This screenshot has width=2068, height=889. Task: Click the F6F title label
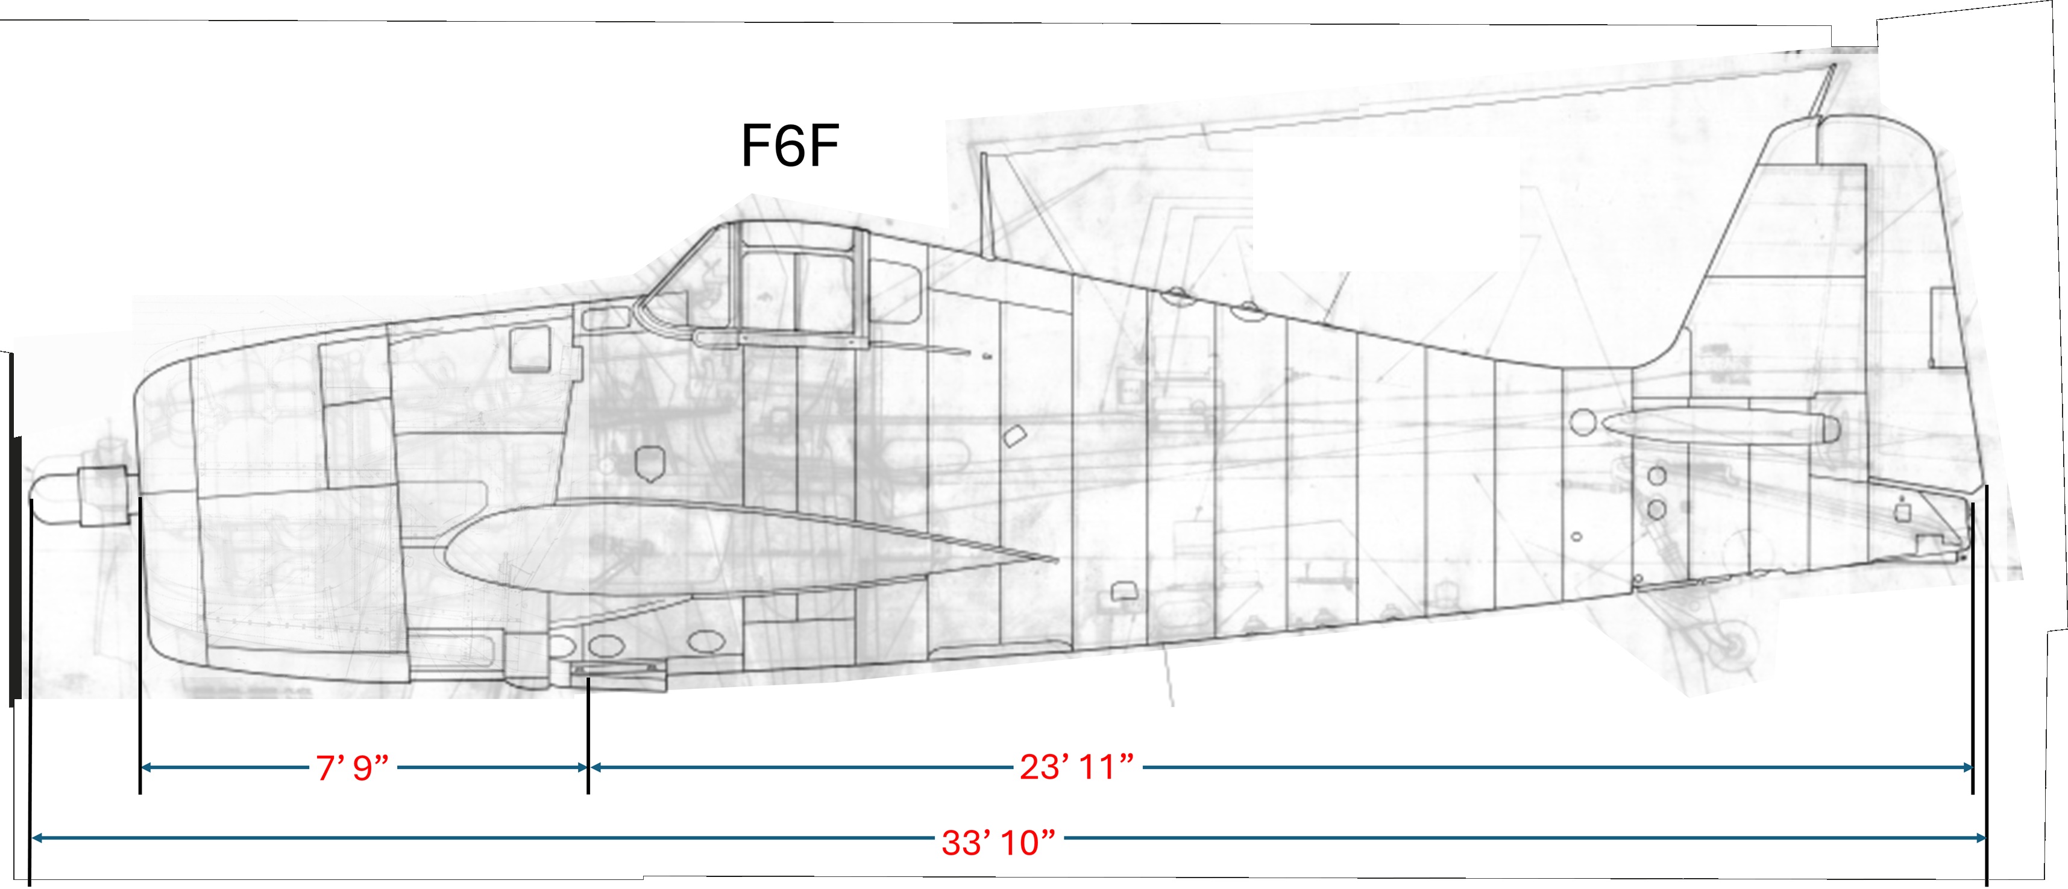click(x=789, y=146)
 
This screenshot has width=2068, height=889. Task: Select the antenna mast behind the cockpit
click(x=985, y=205)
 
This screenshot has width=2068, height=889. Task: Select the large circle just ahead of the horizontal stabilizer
click(x=1582, y=422)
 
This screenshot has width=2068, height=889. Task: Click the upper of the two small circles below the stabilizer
click(x=1656, y=476)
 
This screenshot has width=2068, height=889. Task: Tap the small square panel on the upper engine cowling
click(x=530, y=350)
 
